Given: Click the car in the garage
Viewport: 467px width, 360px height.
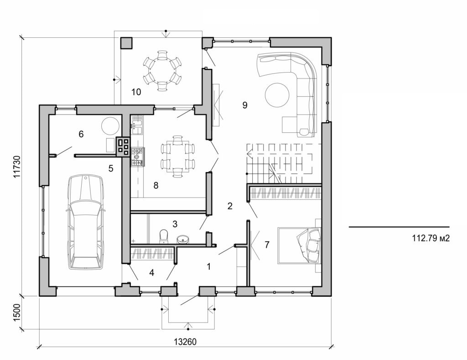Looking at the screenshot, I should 85,222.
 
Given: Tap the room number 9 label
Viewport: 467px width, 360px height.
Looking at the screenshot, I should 244,105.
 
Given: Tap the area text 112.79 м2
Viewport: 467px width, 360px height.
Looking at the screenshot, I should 431,238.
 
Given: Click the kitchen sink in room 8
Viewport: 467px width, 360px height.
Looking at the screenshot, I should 137,126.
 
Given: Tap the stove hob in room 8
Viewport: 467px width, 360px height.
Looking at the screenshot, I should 137,156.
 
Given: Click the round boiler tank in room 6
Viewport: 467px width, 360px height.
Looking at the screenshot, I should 111,124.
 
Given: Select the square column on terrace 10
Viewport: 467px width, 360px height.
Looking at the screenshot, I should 126,43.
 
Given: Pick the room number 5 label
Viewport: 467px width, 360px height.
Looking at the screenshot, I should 110,168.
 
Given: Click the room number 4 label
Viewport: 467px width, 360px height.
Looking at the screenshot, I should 152,273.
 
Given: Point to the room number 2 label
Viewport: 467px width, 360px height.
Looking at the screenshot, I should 230,206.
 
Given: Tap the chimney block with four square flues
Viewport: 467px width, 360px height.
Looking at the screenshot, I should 123,146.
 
